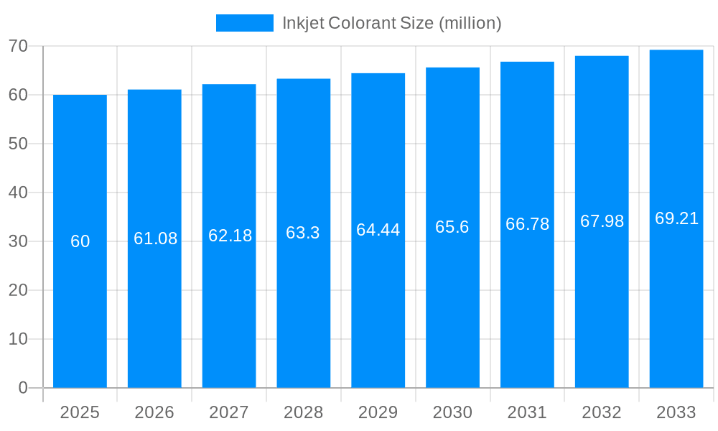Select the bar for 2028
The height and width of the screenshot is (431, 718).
303,287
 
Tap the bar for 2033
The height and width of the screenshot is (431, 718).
676,287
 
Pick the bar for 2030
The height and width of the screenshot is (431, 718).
452,287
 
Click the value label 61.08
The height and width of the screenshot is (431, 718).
155,238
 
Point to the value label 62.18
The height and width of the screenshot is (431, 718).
230,236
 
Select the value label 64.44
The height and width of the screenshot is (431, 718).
378,230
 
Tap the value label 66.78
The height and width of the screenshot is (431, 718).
527,224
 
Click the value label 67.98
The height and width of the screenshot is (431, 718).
602,221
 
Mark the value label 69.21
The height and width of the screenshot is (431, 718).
676,218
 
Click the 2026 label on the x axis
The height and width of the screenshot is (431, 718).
154,412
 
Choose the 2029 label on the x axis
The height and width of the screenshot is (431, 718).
378,412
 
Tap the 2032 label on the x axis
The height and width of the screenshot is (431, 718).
602,412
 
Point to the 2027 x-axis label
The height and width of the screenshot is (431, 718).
229,412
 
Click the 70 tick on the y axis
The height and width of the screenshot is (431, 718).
18,46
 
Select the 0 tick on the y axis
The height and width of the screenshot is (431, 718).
23,388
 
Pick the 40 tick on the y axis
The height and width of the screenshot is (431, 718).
18,193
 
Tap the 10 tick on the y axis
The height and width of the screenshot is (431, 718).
18,339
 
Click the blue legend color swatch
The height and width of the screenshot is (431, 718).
244,23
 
